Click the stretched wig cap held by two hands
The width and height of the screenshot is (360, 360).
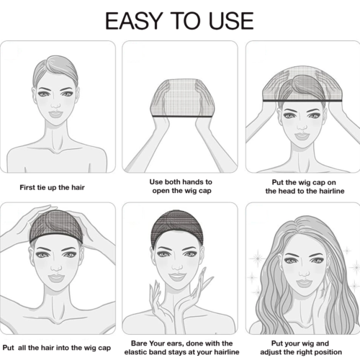tap(180, 94)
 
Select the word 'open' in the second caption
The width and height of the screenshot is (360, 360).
tap(162, 192)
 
